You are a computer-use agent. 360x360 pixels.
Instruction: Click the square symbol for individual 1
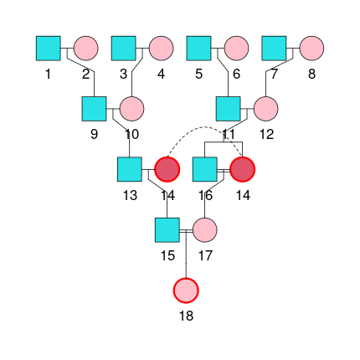(49, 49)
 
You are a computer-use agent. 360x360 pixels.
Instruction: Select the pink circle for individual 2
(86, 49)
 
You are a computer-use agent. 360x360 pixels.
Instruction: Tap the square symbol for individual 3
(124, 49)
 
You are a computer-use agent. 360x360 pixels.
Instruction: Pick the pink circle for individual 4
(162, 49)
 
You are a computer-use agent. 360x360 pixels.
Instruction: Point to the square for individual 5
(198, 49)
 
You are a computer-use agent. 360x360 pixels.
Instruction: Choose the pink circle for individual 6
(236, 49)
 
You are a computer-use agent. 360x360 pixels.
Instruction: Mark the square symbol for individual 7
(274, 49)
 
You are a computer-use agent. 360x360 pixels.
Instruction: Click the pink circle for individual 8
(311, 49)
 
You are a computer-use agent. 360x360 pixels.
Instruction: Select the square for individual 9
(95, 109)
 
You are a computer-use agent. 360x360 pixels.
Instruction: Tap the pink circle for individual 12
(265, 109)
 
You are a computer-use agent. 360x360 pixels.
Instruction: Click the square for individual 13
(130, 169)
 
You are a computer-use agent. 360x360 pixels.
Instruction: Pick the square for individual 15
(167, 229)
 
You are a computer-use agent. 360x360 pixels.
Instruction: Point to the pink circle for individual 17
(205, 229)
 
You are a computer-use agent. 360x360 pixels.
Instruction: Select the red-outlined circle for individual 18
(186, 290)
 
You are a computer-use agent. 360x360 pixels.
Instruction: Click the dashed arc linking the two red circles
(205, 131)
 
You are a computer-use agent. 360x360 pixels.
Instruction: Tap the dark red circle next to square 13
(167, 169)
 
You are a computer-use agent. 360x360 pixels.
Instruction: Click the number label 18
(186, 315)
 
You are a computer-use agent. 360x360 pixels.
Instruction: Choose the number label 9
(95, 134)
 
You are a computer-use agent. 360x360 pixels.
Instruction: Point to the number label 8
(311, 75)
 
